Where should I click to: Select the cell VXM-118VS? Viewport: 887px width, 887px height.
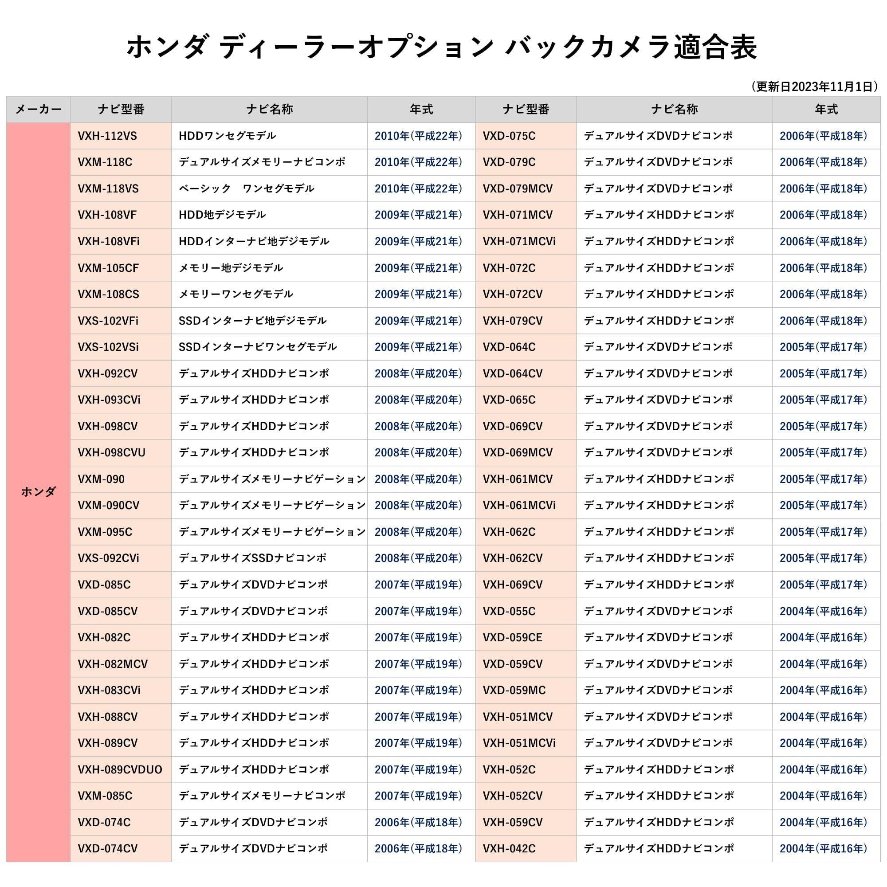108,188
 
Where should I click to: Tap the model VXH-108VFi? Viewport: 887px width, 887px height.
108,242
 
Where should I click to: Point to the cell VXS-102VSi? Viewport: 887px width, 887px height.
108,347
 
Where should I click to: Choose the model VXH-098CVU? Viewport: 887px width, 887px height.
111,453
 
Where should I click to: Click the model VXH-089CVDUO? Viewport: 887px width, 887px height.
120,770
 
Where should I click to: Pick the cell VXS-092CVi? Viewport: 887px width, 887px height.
108,558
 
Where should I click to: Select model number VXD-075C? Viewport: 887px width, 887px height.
509,136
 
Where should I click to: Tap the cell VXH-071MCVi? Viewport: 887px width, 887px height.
519,242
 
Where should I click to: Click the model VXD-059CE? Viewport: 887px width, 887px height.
512,638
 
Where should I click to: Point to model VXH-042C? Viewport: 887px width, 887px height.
509,849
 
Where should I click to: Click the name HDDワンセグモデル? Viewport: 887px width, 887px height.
227,136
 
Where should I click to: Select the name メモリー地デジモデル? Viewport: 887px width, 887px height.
231,268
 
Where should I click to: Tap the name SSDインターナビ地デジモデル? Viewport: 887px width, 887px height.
252,321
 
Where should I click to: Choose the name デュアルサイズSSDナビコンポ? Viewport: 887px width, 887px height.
252,558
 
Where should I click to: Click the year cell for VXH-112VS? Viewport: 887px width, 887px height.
418,136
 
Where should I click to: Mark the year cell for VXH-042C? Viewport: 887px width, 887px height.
823,849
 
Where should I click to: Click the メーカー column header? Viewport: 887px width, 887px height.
38,109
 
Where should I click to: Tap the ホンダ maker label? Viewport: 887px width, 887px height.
38,492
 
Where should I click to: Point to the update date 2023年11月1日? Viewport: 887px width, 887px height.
814,86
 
